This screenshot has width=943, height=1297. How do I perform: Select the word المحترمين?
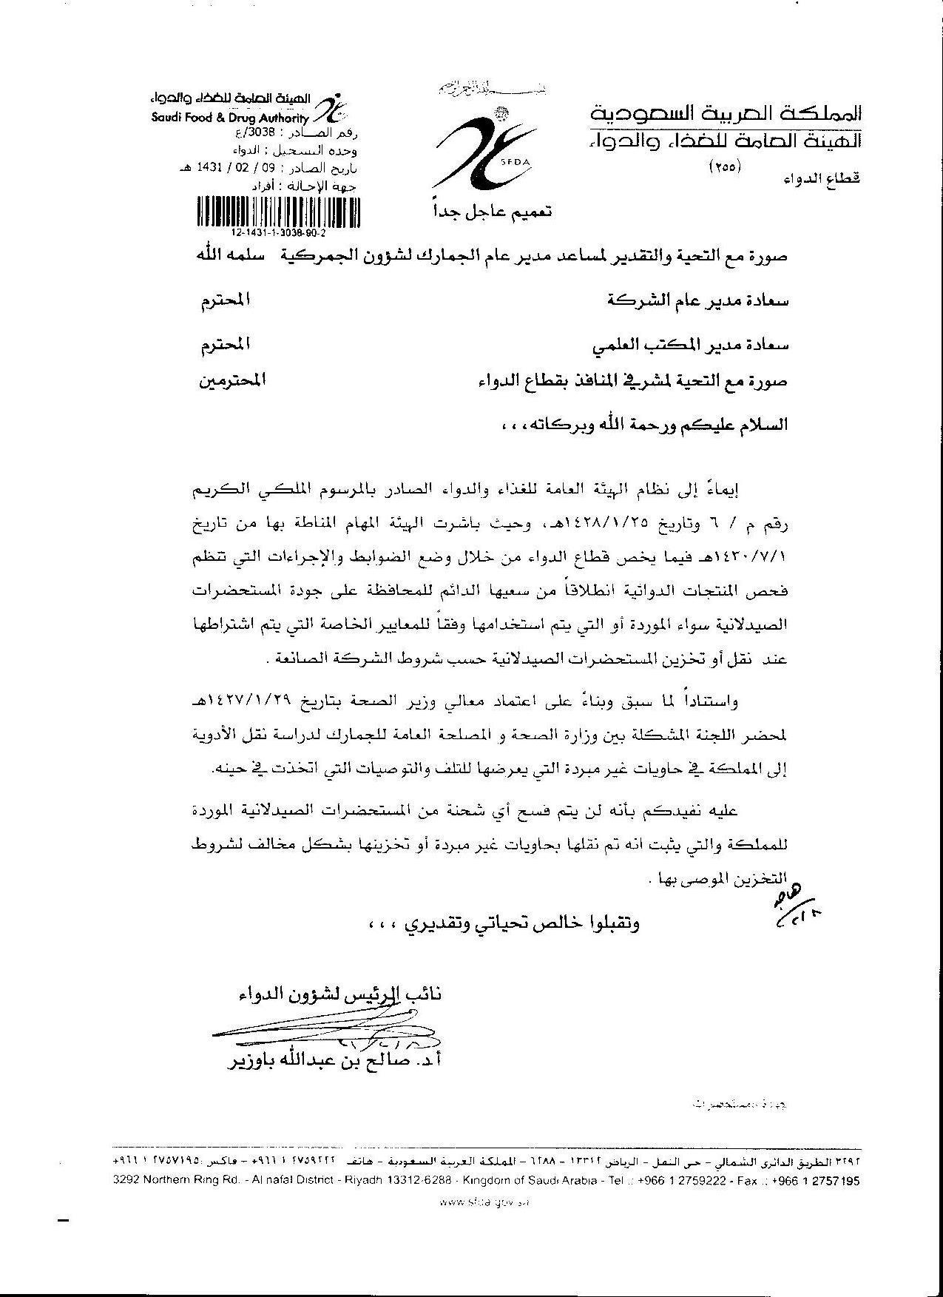[231, 382]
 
